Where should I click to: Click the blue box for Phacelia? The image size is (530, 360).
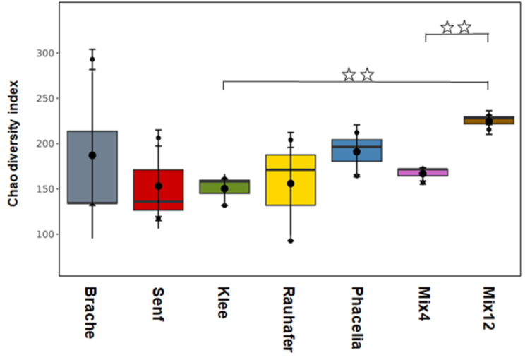(x=357, y=150)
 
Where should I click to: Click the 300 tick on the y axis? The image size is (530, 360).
(x=44, y=53)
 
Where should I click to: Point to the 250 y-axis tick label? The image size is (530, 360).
(x=44, y=98)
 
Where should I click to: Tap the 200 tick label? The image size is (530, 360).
(x=44, y=143)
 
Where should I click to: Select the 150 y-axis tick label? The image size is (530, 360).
(x=44, y=188)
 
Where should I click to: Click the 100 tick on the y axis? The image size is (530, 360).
(x=44, y=234)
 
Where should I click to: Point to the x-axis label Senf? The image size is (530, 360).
(x=158, y=304)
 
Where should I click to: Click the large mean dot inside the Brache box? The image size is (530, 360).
(x=92, y=155)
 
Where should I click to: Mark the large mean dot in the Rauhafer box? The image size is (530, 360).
(x=291, y=184)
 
